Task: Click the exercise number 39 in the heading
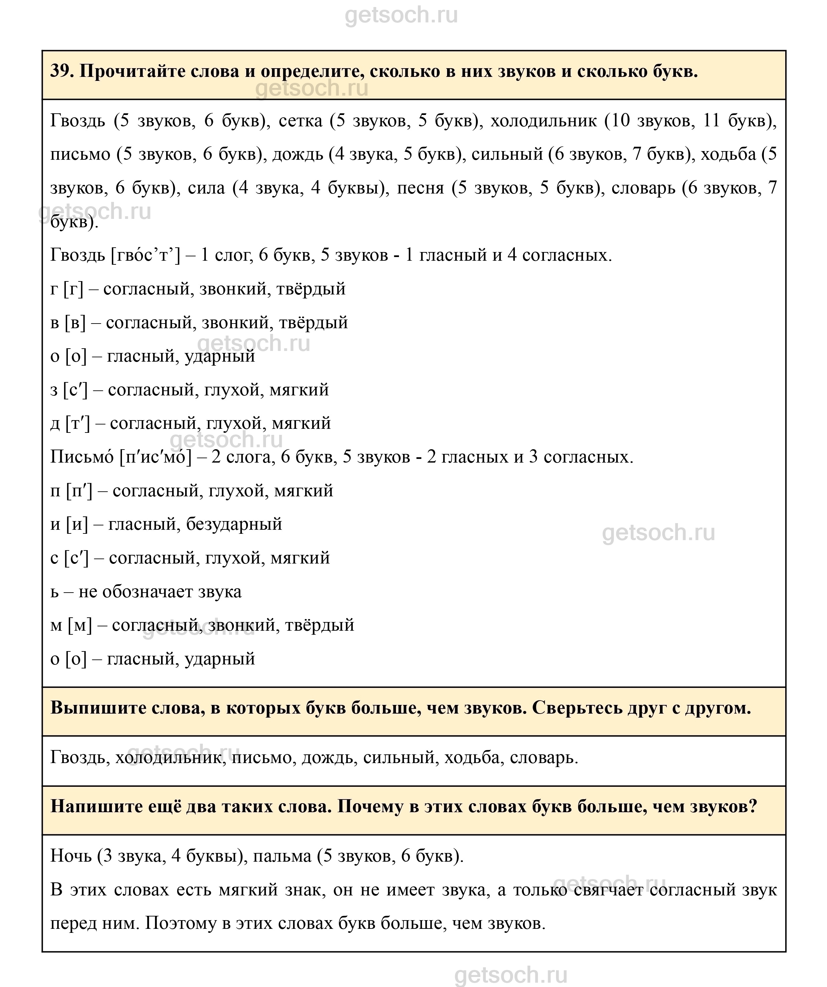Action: [x=60, y=72]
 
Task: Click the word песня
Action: [x=420, y=188]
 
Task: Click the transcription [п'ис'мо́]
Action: [x=155, y=457]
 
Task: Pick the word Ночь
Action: [x=71, y=856]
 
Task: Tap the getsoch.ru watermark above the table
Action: [x=401, y=15]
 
